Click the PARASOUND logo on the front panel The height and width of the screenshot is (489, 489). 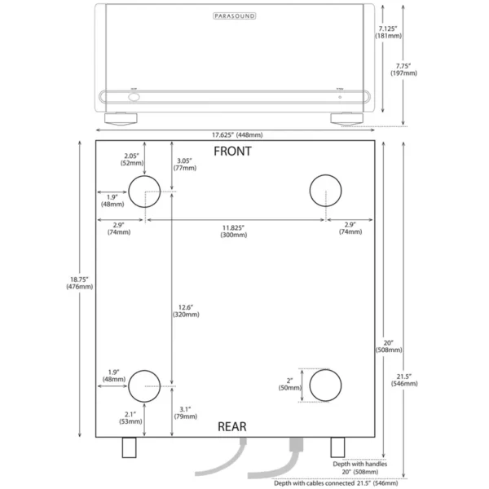[x=235, y=15]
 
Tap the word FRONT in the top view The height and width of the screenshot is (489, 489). [x=233, y=151]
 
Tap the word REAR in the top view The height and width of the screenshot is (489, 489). [x=232, y=425]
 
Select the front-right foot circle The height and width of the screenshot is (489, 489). [x=326, y=192]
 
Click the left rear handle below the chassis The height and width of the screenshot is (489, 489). [x=129, y=447]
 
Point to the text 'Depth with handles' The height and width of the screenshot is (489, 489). [x=360, y=463]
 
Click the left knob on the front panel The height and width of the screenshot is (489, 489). [x=133, y=96]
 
